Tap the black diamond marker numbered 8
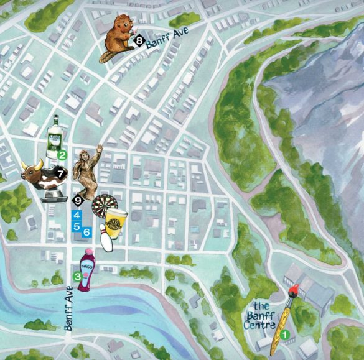pyautogui.click(x=138, y=40)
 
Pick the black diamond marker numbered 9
pyautogui.click(x=78, y=200)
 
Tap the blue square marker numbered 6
pyautogui.click(x=87, y=231)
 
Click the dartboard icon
pyautogui.click(x=103, y=205)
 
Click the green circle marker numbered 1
pyautogui.click(x=285, y=334)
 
